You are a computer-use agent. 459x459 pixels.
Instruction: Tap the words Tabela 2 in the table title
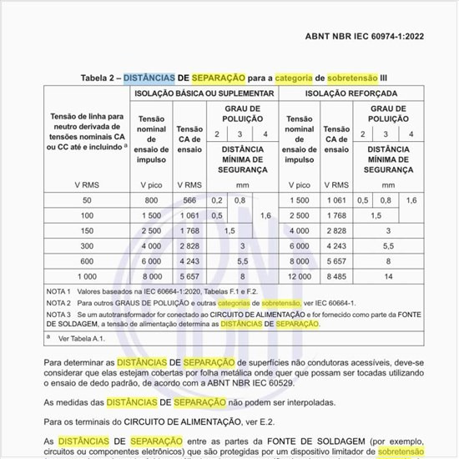pyautogui.click(x=100, y=78)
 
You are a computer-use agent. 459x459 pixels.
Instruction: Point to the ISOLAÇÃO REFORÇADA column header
pyautogui.click(x=351, y=93)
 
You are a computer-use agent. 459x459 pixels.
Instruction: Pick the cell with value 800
pyautogui.click(x=150, y=200)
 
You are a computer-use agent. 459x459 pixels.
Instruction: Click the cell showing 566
pyautogui.click(x=189, y=200)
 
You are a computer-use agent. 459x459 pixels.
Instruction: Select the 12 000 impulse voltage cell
pyautogui.click(x=299, y=275)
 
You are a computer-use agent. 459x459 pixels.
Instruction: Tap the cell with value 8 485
pyautogui.click(x=337, y=275)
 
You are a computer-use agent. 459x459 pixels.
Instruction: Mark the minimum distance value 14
pyautogui.click(x=388, y=275)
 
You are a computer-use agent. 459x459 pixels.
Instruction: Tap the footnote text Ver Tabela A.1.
pyautogui.click(x=83, y=340)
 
